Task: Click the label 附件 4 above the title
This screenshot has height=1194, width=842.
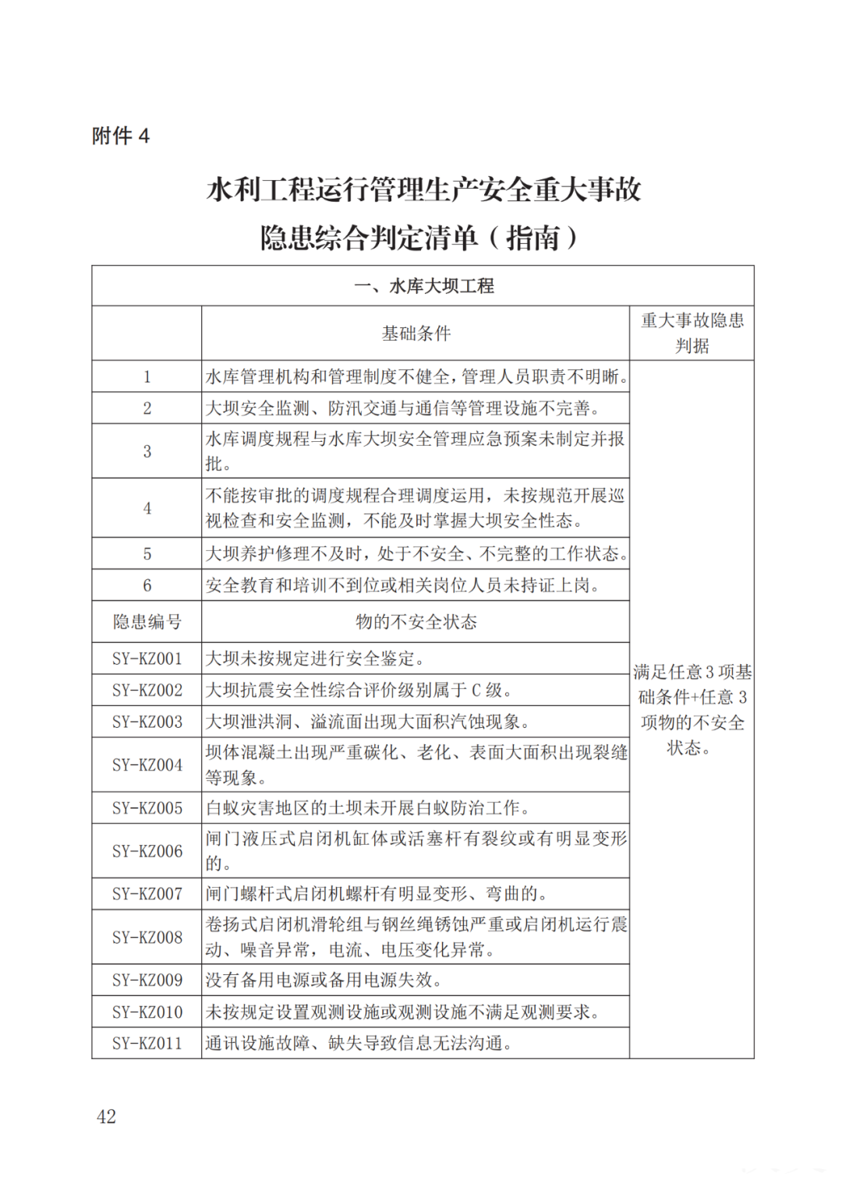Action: point(121,136)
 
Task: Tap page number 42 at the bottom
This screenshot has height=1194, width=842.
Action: point(106,1116)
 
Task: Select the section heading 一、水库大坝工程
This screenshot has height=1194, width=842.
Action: point(423,286)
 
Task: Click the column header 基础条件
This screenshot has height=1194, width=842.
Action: point(416,334)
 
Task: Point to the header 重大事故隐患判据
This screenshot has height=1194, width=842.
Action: point(692,333)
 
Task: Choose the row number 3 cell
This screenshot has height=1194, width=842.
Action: point(147,451)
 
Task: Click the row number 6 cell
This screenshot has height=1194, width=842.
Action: point(147,585)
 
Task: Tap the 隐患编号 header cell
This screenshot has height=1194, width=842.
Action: point(147,622)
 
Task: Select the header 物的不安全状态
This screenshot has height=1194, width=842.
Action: point(416,622)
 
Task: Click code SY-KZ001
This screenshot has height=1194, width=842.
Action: point(147,659)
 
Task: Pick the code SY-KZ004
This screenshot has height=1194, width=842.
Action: point(147,765)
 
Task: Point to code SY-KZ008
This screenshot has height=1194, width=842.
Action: point(147,937)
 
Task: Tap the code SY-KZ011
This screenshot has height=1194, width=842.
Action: point(147,1043)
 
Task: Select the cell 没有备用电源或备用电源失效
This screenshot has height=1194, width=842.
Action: point(324,980)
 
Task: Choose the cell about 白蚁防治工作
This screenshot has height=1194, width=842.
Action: point(368,808)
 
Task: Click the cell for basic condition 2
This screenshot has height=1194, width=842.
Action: point(402,408)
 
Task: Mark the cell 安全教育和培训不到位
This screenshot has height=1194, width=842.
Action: point(402,585)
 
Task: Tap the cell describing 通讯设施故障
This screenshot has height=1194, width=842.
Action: point(359,1043)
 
